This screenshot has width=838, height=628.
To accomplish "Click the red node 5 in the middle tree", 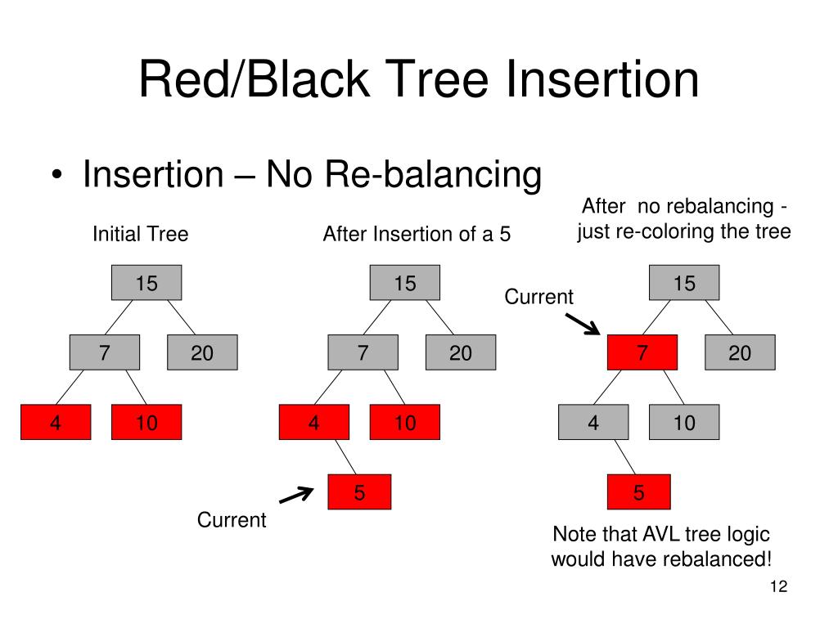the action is click(359, 491).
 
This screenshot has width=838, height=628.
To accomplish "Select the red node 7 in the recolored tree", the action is click(642, 352).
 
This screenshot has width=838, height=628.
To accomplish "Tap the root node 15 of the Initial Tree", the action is click(146, 282).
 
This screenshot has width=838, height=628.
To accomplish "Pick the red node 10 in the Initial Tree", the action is click(146, 423).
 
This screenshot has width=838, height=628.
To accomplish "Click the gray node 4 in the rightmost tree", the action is click(593, 423).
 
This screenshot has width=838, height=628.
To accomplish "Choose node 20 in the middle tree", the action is click(461, 352).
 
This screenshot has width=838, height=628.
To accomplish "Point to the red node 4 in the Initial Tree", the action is click(56, 423).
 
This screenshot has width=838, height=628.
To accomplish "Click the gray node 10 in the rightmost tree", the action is click(684, 423).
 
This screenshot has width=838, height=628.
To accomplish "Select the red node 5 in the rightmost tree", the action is click(638, 491).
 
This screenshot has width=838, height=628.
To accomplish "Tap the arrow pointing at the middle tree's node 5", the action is click(297, 495).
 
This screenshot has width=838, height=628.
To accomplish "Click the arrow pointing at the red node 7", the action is click(583, 324).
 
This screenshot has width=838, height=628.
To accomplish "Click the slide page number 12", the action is click(779, 586).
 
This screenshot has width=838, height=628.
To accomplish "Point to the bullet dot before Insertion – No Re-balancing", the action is click(57, 175).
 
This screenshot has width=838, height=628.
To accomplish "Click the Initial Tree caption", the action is click(141, 234).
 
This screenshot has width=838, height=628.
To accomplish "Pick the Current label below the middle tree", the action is click(232, 519).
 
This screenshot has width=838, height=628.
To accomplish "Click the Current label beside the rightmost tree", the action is click(538, 296).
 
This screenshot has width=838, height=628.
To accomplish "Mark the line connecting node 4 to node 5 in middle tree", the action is click(345, 457).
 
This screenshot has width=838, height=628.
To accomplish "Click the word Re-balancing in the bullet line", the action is click(433, 174).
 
